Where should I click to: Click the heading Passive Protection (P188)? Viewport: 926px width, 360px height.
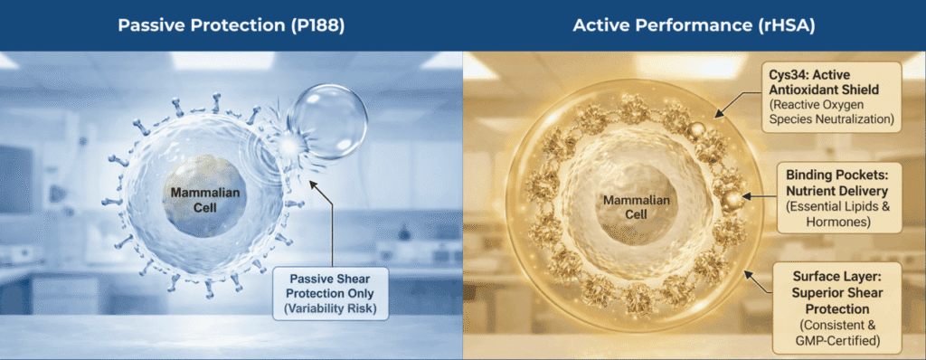point(231,25)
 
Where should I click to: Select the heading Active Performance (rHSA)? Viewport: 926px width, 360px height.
point(693,25)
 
